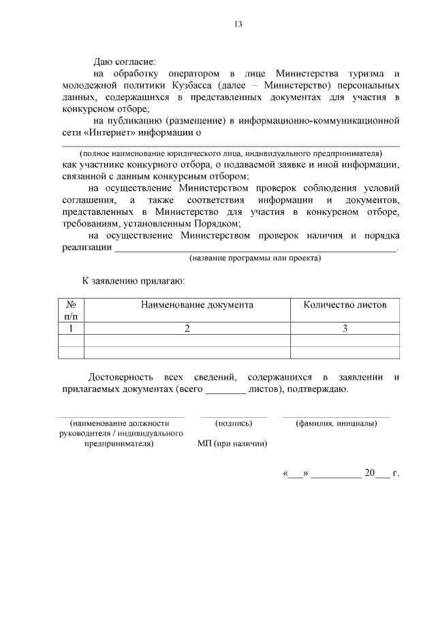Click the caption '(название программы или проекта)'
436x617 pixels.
point(255,258)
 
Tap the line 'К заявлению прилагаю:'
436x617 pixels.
point(134,280)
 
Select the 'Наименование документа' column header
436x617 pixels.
point(197,305)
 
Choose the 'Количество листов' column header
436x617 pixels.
point(345,305)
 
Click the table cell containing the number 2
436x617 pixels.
point(187,329)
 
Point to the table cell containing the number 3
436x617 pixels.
point(345,329)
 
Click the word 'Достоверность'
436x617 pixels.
point(123,377)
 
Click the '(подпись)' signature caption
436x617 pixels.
point(234,423)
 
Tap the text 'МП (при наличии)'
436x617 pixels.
point(232,443)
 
